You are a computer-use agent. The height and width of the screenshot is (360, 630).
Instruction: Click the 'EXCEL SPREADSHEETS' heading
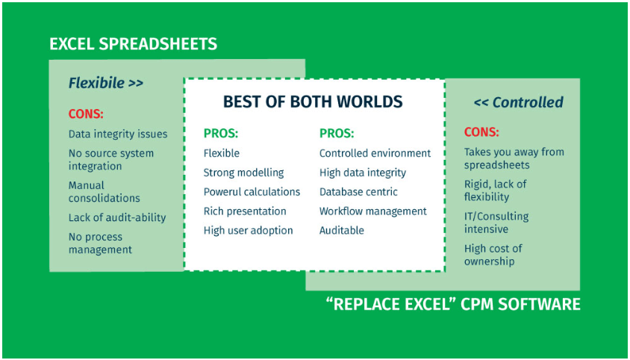coord(133,43)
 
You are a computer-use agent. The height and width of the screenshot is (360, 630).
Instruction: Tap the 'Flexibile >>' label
coord(106,83)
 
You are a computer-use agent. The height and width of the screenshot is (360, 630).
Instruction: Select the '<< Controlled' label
coord(518,102)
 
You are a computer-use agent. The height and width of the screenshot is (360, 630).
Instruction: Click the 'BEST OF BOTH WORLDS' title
coord(313,102)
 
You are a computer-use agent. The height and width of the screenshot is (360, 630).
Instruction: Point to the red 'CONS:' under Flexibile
coord(86,114)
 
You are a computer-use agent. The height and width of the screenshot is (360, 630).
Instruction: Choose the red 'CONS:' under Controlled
coord(481,132)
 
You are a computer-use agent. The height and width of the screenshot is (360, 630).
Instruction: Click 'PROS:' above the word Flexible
coord(221,134)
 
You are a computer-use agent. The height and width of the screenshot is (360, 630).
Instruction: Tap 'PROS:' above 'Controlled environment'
coord(337,134)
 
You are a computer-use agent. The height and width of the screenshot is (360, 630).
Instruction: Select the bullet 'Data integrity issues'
coord(118,134)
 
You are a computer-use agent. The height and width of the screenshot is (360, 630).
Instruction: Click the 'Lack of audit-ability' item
coord(117,217)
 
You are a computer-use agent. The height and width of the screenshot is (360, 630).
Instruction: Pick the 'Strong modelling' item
coord(243,173)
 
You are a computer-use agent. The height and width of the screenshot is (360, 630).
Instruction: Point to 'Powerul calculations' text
coord(252,192)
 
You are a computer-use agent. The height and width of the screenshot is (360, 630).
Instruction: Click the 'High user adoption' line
coord(248,231)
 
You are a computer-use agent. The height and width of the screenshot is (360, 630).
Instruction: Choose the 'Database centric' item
coord(358,192)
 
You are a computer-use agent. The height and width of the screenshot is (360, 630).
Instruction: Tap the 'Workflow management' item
coord(373,211)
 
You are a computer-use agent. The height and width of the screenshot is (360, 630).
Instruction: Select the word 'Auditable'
coord(342,231)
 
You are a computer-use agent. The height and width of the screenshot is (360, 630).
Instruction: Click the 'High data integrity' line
coord(363,173)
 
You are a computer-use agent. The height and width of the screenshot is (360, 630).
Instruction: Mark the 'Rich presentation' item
coord(245,211)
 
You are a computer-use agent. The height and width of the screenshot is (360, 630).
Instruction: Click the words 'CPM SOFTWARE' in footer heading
coord(520,304)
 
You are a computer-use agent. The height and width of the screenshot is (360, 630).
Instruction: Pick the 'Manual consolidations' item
coord(104,192)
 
